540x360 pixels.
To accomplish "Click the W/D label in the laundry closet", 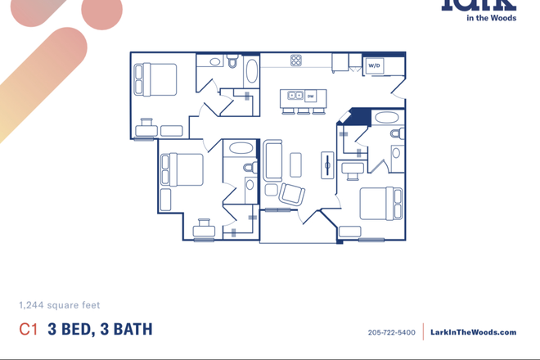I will [374, 65].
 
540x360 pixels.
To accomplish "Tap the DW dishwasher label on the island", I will [310, 96].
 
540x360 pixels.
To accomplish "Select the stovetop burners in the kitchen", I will [296, 60].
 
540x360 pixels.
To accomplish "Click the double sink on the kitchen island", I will [291, 96].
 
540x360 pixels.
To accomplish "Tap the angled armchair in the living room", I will [291, 195].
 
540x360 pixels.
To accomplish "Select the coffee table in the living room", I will [295, 165].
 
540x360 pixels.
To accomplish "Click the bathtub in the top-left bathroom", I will [250, 71].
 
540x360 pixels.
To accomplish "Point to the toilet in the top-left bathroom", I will [232, 62].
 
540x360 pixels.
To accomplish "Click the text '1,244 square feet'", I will [59, 305].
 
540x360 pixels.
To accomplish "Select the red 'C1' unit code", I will [29, 330].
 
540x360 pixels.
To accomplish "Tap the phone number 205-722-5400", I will [392, 333].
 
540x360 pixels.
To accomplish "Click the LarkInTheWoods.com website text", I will [473, 333].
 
